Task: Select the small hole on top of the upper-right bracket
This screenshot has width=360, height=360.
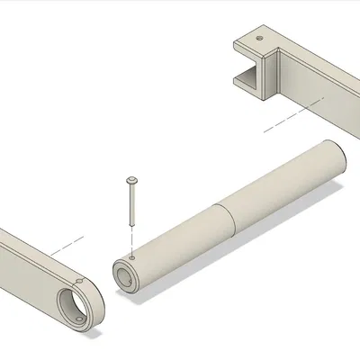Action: (x=260, y=40)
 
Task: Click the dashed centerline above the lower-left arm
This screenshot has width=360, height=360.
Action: (x=67, y=244)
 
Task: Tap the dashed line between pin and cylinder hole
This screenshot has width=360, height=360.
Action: (x=132, y=238)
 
